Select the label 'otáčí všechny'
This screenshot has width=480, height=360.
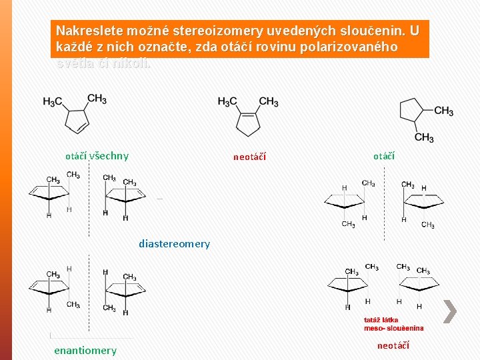pos(97,156)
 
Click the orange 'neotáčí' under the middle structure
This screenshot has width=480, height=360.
pos(249,157)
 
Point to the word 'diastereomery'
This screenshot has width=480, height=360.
pos(174,244)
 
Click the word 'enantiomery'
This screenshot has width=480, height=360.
pos(85,350)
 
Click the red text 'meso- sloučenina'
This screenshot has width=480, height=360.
pos(393,328)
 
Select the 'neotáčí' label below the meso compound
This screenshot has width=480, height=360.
pos(393,345)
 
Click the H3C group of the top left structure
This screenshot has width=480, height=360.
pos(53,102)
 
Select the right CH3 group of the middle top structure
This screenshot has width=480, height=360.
pos(269,101)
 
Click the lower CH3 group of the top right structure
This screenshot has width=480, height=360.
pos(424,137)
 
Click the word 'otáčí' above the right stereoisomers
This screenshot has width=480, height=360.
pos(384,156)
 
